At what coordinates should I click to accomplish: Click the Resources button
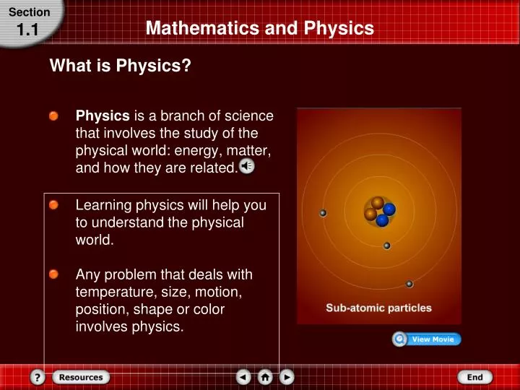click(81, 377)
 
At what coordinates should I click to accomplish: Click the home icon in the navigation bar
click(265, 377)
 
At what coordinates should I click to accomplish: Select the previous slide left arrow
click(243, 377)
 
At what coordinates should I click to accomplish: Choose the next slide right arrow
click(287, 377)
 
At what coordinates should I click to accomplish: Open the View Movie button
click(427, 339)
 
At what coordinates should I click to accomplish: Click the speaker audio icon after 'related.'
click(247, 168)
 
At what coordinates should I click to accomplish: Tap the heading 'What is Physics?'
click(120, 67)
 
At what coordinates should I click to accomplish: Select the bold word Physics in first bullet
click(103, 116)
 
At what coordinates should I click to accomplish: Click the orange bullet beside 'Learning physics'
click(54, 206)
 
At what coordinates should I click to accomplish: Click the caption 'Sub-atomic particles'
click(378, 308)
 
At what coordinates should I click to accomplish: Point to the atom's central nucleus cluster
click(379, 210)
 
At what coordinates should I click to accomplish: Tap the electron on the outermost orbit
click(409, 284)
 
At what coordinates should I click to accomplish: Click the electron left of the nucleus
click(323, 213)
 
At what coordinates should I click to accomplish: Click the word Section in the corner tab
click(30, 12)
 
